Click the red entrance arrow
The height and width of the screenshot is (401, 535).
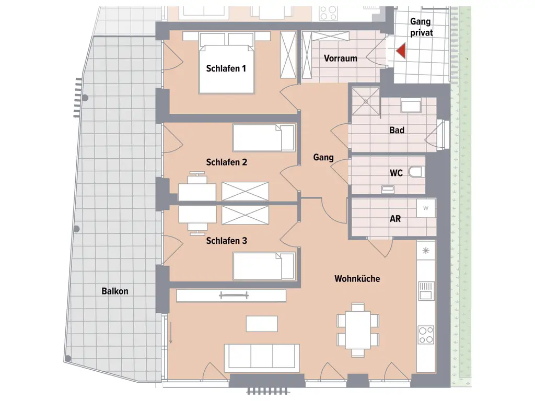(401, 51)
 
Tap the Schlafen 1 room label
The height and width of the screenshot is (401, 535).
(226, 68)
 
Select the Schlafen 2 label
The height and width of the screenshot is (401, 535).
(226, 162)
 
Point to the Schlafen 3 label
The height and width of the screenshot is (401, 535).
(226, 241)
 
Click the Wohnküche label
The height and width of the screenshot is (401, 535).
(357, 279)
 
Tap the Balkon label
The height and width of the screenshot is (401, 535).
(115, 291)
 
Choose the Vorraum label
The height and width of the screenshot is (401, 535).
(341, 58)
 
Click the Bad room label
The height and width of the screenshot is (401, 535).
(397, 130)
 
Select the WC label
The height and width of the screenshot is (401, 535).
(396, 173)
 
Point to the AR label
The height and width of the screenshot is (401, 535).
(396, 219)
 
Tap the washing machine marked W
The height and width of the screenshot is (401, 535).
(425, 208)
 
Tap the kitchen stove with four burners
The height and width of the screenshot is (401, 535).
(426, 334)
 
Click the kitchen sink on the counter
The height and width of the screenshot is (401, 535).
(426, 290)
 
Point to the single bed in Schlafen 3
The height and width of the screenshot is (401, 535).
(263, 266)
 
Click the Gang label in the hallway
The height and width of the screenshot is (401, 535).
(323, 157)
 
